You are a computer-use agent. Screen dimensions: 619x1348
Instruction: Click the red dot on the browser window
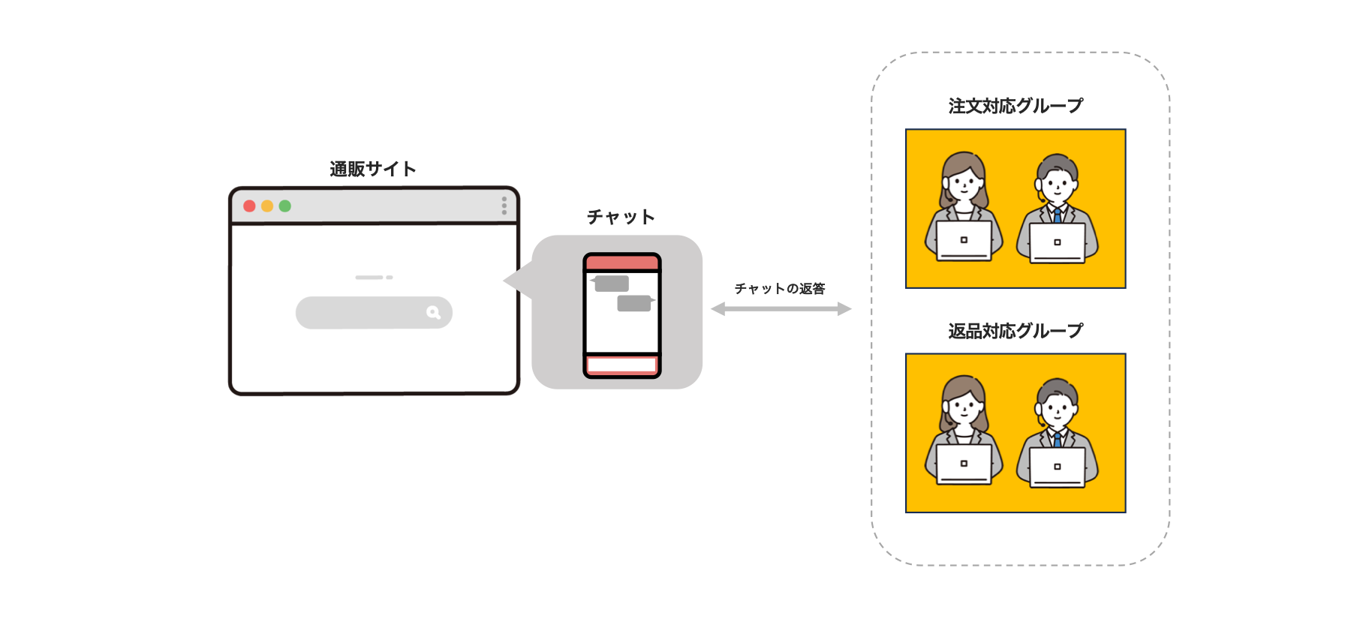(249, 206)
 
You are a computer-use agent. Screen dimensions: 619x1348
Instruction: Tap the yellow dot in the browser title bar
(267, 206)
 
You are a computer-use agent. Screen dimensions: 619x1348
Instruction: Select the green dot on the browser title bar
(285, 206)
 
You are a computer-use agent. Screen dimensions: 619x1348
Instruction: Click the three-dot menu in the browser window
(504, 206)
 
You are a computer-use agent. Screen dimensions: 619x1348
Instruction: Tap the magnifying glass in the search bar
(433, 312)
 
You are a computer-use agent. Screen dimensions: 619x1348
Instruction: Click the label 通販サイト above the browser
(373, 170)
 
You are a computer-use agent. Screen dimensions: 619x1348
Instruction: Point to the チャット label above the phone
(621, 218)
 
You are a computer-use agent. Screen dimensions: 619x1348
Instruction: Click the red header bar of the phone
(621, 263)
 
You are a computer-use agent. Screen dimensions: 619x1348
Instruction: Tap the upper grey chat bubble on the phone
(611, 284)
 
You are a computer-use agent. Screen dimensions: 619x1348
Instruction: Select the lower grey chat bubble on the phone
(634, 303)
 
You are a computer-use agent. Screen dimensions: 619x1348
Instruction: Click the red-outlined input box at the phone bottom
(621, 365)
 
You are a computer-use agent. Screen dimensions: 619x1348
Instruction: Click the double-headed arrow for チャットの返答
(781, 308)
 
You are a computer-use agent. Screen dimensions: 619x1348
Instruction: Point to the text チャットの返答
(780, 289)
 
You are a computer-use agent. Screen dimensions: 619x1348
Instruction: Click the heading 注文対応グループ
(1016, 107)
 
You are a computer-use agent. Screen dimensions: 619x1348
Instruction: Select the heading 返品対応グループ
(1016, 331)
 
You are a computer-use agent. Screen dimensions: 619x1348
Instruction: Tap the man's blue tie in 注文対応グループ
(1058, 215)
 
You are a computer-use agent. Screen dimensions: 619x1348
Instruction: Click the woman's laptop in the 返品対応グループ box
(964, 464)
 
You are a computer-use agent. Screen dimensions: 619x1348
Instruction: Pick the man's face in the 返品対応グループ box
(1058, 409)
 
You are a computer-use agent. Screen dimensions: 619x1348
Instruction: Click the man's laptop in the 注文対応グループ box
(1058, 242)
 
